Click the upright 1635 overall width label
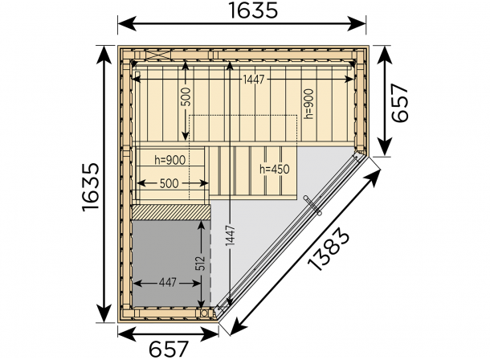(253, 10)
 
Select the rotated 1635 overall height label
(91, 187)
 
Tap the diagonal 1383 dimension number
(328, 249)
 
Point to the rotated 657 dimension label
(400, 103)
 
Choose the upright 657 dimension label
(169, 349)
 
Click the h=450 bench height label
(275, 170)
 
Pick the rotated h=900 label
(308, 104)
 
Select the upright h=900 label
(169, 160)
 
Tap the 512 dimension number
(202, 264)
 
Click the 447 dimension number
(168, 283)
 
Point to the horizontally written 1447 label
(254, 80)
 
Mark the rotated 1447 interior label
(231, 235)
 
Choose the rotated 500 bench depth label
(186, 97)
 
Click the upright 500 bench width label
(169, 183)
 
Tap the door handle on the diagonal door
(312, 205)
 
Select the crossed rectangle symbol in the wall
(159, 55)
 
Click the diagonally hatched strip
(171, 212)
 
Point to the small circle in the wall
(204, 313)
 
